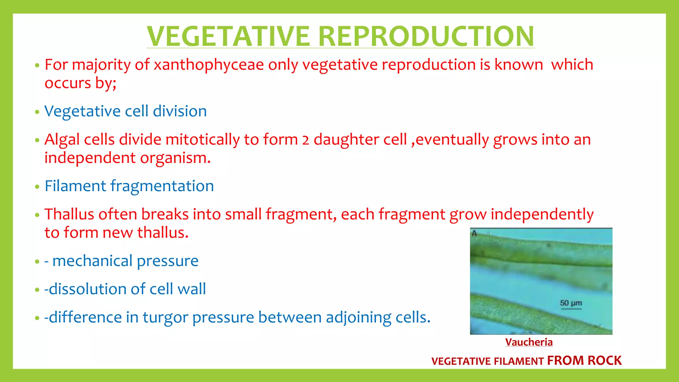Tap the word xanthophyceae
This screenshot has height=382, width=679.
(209, 65)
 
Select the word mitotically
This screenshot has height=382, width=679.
(203, 140)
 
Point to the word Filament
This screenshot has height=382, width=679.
(75, 186)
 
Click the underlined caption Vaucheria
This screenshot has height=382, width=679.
(529, 342)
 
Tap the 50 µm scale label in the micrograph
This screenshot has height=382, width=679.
(571, 303)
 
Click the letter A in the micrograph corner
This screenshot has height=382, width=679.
(474, 233)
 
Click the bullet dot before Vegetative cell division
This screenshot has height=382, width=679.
(37, 112)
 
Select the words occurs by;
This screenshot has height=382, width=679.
(81, 83)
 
